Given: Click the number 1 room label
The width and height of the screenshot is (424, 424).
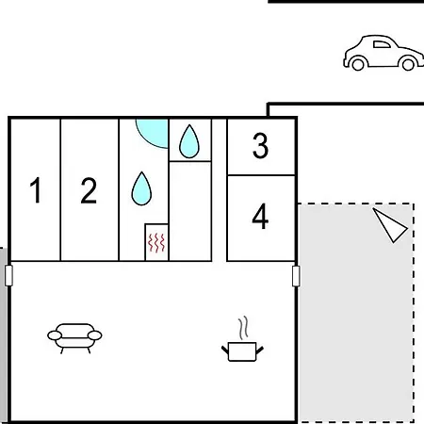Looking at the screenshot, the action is pos(36,190).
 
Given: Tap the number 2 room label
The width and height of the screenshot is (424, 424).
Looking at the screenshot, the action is pos(89,190).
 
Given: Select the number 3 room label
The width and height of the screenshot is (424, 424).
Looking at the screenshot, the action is pos(260,145).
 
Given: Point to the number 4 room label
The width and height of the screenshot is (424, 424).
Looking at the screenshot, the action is pos(260,216).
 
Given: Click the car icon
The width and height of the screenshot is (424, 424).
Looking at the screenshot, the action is pos(383,53).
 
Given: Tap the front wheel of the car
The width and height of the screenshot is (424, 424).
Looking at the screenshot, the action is pos(408,64).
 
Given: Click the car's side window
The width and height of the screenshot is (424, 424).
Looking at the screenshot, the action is pos(382,44).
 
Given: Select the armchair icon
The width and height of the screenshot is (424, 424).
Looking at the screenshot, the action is pos(74,338).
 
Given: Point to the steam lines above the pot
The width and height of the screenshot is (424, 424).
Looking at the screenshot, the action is pos(243,328).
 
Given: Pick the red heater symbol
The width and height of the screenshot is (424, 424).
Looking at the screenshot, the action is pos(156,242).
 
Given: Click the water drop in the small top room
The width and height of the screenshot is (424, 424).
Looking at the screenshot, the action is pos(189,141).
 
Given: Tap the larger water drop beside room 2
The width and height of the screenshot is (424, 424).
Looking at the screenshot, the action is pos(141,188).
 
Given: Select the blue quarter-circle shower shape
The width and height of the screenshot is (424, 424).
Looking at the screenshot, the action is pos(154,132).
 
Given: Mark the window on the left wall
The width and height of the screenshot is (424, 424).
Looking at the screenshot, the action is pos(8,276).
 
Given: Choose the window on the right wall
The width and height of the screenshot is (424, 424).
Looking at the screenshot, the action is pos(296,276).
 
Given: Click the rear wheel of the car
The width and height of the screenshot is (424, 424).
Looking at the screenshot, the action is pos(358,64).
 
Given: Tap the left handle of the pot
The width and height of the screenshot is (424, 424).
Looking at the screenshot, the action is pos(225,350).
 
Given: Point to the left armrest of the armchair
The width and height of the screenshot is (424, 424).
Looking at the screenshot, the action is pos(55,335).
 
